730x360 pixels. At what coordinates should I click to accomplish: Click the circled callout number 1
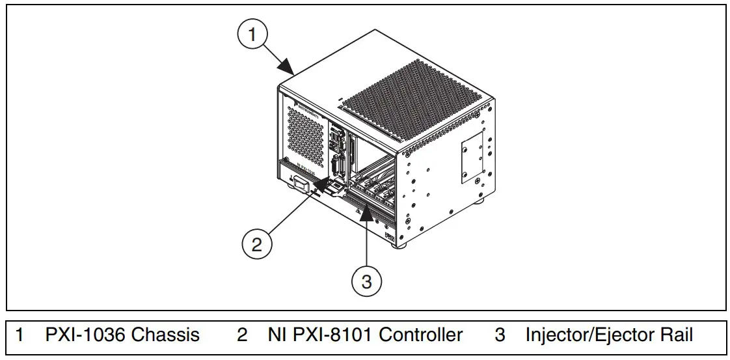click(x=253, y=34)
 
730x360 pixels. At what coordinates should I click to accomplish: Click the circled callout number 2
click(x=257, y=244)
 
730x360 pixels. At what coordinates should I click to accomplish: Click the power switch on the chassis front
click(x=300, y=184)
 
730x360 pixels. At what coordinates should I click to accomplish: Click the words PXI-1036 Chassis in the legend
click(x=122, y=335)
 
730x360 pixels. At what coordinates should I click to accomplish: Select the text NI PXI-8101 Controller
click(x=364, y=335)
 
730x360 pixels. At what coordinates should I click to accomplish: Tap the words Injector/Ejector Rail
click(x=609, y=335)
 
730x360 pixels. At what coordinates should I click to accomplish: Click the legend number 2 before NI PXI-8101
click(x=242, y=335)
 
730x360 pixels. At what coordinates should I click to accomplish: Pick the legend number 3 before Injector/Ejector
click(x=500, y=335)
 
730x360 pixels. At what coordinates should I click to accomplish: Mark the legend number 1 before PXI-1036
click(x=20, y=335)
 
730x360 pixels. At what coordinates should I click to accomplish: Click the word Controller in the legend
click(x=420, y=335)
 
